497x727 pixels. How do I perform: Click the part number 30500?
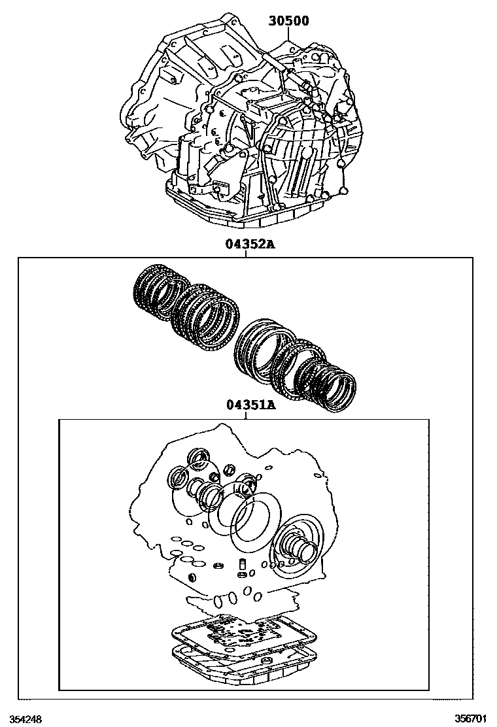(288, 20)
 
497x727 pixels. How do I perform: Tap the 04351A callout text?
(251, 405)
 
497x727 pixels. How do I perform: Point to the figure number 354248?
(26, 719)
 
